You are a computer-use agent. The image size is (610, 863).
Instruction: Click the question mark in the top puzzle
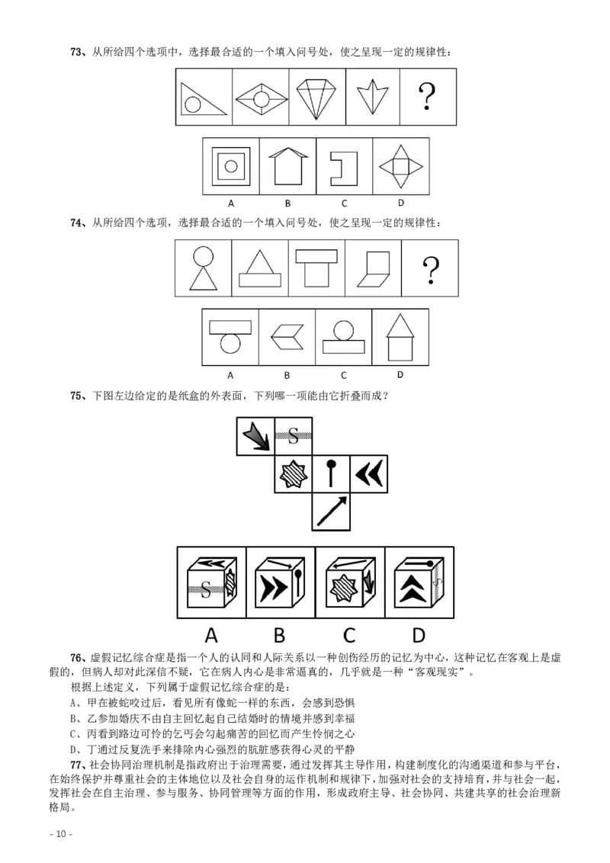[x=429, y=98]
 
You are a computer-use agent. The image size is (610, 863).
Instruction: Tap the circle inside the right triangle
[x=194, y=106]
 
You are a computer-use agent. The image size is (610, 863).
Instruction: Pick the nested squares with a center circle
[x=231, y=165]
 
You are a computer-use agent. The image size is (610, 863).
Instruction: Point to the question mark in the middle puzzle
[x=431, y=269]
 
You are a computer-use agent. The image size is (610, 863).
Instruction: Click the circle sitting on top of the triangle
[x=204, y=257]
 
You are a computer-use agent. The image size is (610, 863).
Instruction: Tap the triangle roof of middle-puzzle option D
[x=400, y=326]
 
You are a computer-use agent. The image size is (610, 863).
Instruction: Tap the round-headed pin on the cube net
[x=331, y=473]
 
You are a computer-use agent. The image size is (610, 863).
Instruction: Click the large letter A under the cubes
[x=211, y=635]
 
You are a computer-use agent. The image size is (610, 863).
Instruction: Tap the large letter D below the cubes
[x=419, y=635]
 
